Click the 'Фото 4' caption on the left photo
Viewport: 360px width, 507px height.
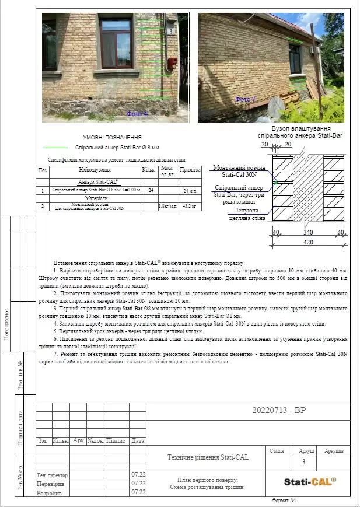click(138, 113)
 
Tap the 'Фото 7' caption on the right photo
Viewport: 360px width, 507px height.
click(246, 100)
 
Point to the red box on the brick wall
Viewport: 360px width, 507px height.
click(172, 62)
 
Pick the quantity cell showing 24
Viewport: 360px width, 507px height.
click(151, 191)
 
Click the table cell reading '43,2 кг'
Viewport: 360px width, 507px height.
click(190, 207)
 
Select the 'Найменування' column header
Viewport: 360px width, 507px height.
click(95, 170)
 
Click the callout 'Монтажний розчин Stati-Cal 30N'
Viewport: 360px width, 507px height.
click(239, 171)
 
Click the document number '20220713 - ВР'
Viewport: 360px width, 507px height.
click(278, 410)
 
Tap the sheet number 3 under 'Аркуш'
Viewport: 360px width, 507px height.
click(303, 462)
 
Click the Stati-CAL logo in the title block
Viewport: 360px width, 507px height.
click(310, 481)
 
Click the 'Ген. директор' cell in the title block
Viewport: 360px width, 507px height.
click(53, 475)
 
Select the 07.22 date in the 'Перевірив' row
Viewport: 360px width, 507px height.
click(138, 484)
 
